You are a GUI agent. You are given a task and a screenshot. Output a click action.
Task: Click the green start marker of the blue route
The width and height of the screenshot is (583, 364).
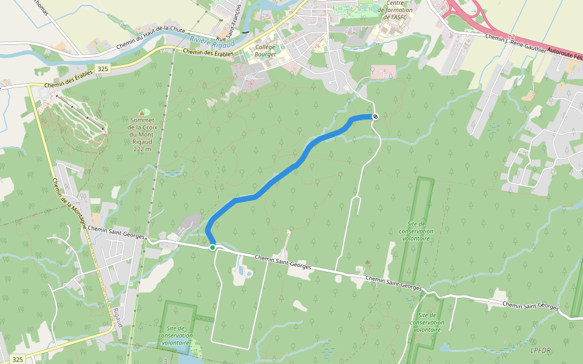coord(213,248)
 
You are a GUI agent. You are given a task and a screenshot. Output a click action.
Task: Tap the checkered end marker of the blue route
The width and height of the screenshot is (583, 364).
coord(375,116)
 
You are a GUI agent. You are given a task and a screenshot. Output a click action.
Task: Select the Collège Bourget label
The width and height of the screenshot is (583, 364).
coord(265,50)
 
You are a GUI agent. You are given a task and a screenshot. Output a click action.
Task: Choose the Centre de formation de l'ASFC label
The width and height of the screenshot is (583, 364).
coord(395,10)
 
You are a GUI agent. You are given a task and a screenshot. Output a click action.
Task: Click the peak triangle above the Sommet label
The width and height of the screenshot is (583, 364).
coord(142,112)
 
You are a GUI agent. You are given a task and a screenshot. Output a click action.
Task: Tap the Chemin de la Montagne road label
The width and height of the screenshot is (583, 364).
coord(70,204)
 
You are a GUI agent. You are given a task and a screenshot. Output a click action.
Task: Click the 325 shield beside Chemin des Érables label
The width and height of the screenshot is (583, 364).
coord(102,69)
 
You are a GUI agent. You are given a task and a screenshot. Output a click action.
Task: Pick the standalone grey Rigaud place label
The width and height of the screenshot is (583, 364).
coord(118,315)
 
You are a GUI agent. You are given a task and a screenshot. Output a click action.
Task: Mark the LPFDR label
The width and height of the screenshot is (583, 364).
coord(540,350)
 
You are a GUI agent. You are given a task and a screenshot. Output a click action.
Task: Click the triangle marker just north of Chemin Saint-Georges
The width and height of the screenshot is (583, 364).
coord(367,262)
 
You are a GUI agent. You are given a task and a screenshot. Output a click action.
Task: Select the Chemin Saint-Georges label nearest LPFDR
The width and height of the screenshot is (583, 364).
coord(530,306)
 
